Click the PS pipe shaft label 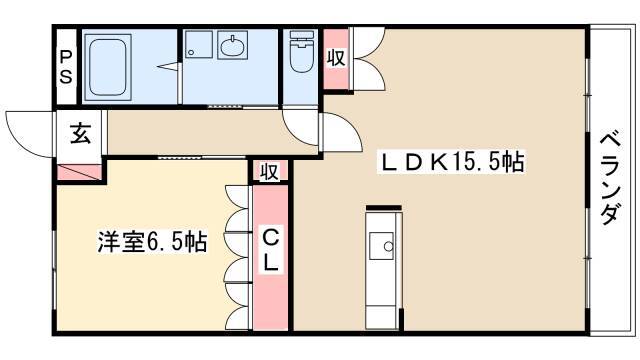click(x=66, y=67)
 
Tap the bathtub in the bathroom click(x=108, y=67)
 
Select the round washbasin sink click(x=233, y=45)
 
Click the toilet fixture click(x=301, y=51)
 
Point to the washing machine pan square click(x=199, y=44)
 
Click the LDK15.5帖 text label click(x=451, y=162)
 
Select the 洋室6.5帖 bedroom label click(x=153, y=241)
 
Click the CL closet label click(x=270, y=251)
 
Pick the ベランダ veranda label click(x=610, y=178)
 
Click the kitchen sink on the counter click(x=382, y=246)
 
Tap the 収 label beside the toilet click(x=336, y=57)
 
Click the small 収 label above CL click(x=270, y=171)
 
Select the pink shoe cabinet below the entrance click(x=80, y=172)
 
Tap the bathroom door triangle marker click(x=168, y=67)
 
